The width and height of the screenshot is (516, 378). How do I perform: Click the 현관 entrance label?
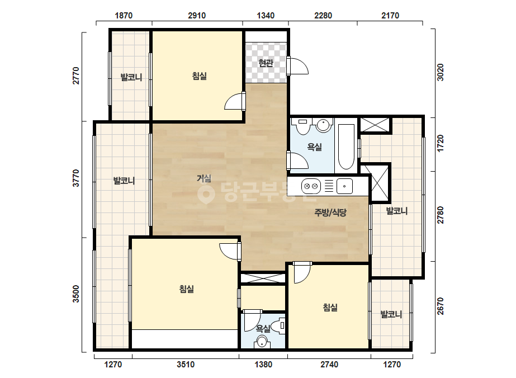coord(266,63)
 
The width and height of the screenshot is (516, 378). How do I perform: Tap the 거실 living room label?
coord(204,178)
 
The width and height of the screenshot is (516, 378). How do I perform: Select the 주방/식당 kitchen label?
coord(330,212)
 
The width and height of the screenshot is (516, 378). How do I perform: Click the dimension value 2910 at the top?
coord(197,16)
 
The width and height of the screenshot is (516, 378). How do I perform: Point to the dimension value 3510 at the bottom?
coord(186,365)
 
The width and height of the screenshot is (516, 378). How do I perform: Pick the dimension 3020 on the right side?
coord(441,72)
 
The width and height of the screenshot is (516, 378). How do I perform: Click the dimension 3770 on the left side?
coord(76,178)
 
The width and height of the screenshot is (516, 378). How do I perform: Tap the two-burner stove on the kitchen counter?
coord(311,186)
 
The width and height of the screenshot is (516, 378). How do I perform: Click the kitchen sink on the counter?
coord(344,186)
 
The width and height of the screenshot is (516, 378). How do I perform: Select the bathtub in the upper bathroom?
coord(346,146)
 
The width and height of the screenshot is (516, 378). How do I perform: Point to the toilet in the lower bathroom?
coord(281,326)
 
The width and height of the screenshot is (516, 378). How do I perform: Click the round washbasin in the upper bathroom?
coord(323,125)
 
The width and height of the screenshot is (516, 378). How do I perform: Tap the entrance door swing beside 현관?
coord(299,66)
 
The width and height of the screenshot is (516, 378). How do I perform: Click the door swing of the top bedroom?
coord(234,101)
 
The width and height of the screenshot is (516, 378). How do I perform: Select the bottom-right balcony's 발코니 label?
coord(391,314)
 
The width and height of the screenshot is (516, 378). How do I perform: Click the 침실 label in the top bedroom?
coord(200,76)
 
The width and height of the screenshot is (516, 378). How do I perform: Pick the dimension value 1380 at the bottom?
coord(263,365)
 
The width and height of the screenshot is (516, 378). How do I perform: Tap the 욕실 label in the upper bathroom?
coord(314,147)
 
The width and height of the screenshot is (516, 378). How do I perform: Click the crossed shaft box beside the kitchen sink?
coord(380,182)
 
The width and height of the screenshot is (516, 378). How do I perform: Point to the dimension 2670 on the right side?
coord(441,306)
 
